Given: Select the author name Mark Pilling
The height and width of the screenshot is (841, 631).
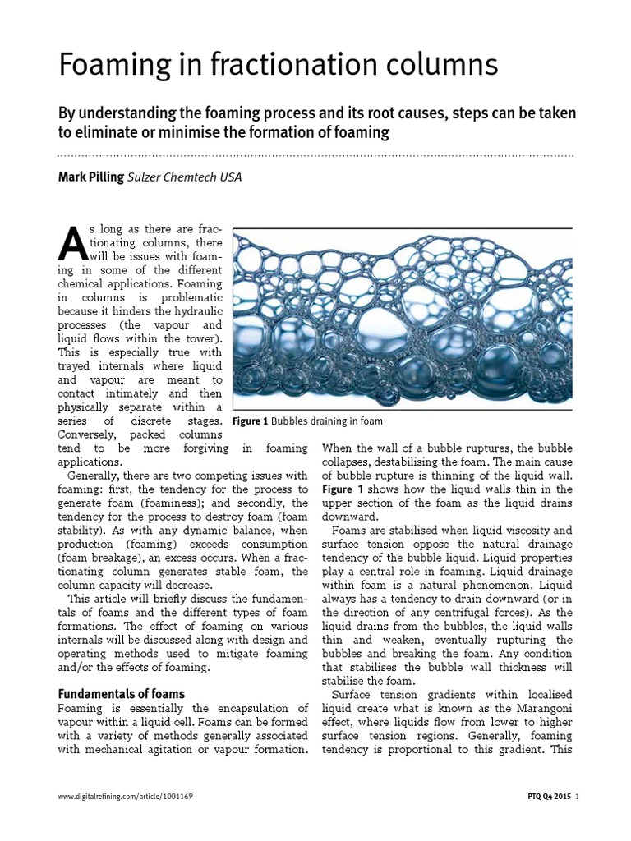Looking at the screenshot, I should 90,177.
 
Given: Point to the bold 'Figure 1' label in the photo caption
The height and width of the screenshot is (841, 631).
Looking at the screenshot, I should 251,421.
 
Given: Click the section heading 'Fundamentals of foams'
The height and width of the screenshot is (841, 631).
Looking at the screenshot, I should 121,694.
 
